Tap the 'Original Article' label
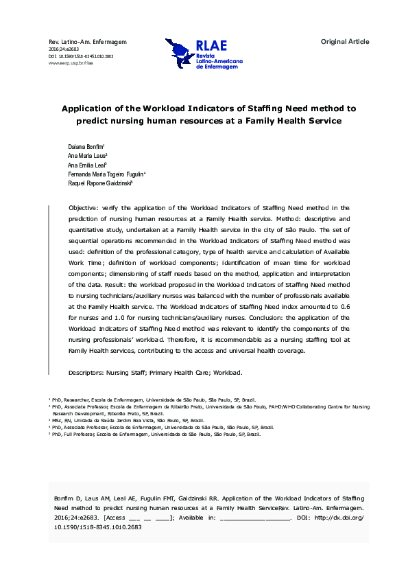345,42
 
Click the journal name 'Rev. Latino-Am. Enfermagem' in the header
88,42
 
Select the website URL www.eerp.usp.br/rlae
71,62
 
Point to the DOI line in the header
81,56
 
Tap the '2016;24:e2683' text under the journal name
64,49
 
